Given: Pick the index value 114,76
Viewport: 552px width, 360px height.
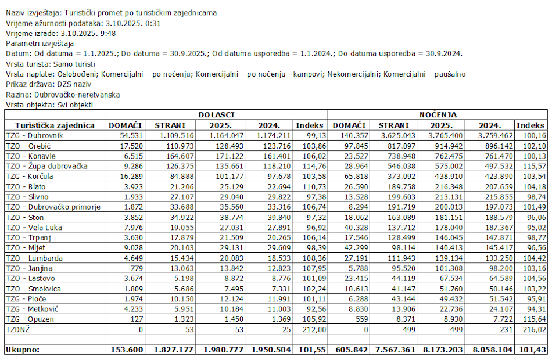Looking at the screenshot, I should click(312, 166).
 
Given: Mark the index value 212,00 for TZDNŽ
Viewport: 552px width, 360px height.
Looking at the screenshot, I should click(312, 330).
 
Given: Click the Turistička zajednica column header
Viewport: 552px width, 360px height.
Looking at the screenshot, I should click(55, 125).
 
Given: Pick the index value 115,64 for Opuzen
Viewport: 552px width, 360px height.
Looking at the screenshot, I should click(533, 319).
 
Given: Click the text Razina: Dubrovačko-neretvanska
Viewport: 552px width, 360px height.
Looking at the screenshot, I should click(62, 95).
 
